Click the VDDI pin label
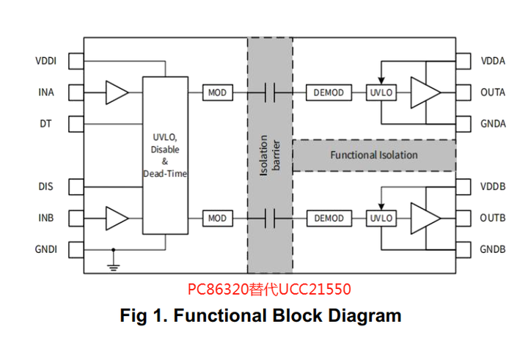(x=45, y=61)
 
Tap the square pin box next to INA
(x=76, y=92)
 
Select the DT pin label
(x=45, y=124)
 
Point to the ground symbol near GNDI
(x=114, y=268)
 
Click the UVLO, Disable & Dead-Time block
(x=165, y=155)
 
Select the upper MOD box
(x=218, y=92)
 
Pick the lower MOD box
(x=218, y=218)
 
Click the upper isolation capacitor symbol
(x=270, y=92)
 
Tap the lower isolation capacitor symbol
(x=270, y=218)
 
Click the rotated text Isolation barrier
(x=270, y=155)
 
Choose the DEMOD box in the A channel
(x=329, y=92)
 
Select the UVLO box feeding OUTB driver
(x=381, y=218)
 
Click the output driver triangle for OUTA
(x=425, y=92)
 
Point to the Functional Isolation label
(x=374, y=155)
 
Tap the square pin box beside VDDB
(x=463, y=186)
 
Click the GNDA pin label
(x=493, y=124)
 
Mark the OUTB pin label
(x=493, y=218)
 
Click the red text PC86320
(x=219, y=290)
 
